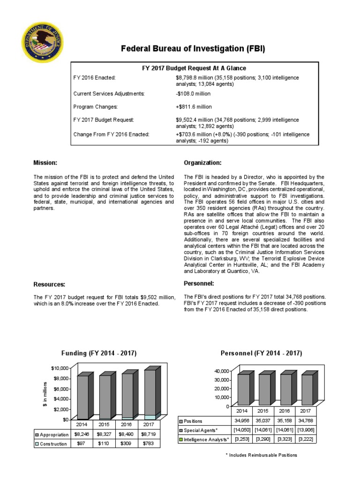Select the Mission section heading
click(45, 163)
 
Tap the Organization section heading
click(202, 163)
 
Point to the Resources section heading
click(49, 285)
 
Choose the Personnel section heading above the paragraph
click(199, 284)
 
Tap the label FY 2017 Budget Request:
click(104, 120)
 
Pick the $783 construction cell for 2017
click(149, 443)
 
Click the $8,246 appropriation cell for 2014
click(82, 435)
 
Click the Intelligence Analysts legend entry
click(204, 439)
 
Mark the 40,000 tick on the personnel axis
click(222, 371)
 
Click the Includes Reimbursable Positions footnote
click(261, 455)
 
